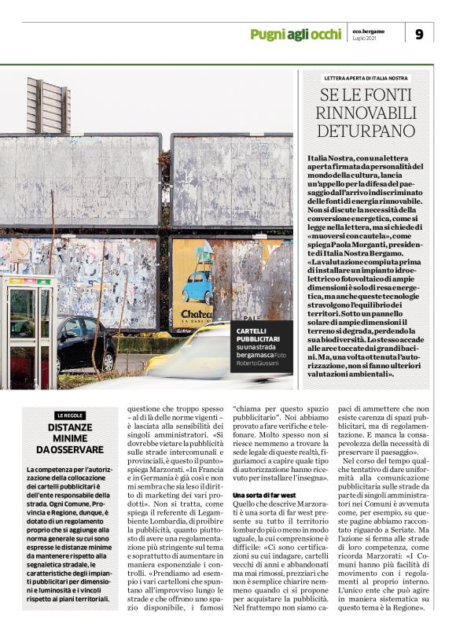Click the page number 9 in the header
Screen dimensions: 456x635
pyautogui.click(x=419, y=33)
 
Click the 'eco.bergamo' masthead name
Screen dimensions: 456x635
pyautogui.click(x=369, y=30)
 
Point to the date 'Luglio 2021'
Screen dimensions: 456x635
pyautogui.click(x=366, y=39)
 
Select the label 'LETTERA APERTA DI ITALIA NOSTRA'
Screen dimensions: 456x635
pyautogui.click(x=366, y=79)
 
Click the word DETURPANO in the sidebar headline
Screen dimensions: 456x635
pyautogui.click(x=366, y=131)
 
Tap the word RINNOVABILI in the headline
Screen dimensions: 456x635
pyautogui.click(x=366, y=113)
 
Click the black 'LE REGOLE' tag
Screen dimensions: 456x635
pyautogui.click(x=70, y=415)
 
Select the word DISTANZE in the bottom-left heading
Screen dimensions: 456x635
pyautogui.click(x=70, y=428)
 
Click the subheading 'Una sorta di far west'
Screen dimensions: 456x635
pyautogui.click(x=263, y=494)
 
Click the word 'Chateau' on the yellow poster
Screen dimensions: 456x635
pyautogui.click(x=196, y=314)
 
